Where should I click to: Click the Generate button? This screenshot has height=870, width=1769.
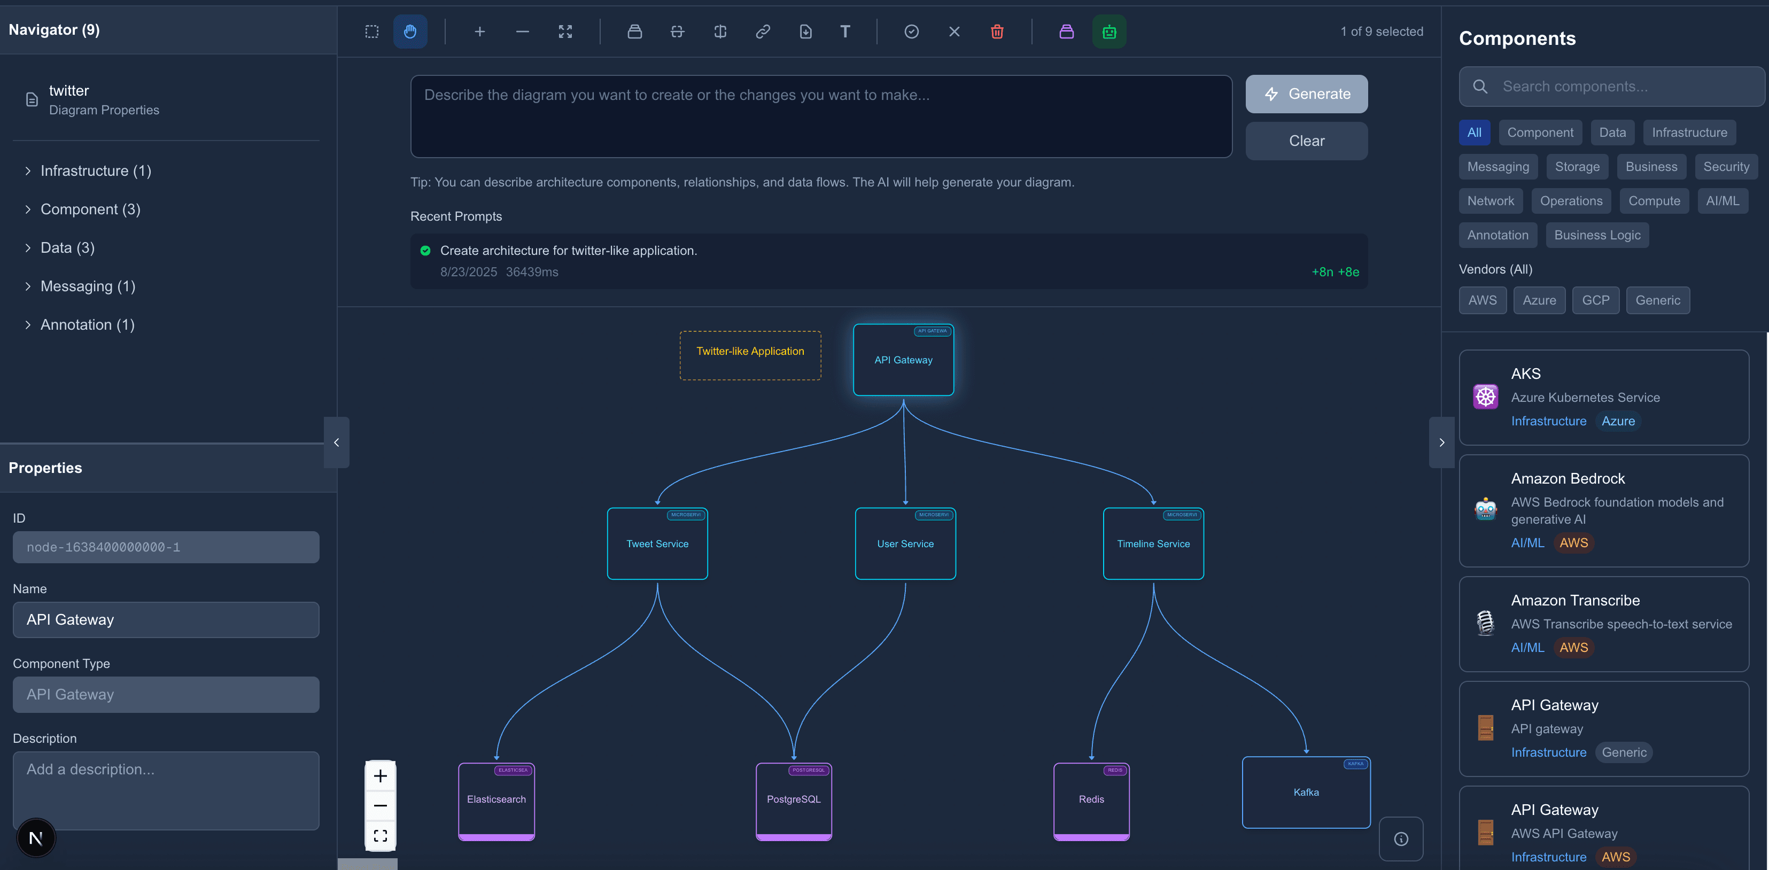tap(1306, 94)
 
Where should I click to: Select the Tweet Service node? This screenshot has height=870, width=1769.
tap(657, 544)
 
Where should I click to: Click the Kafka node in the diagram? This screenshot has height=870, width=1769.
tap(1306, 793)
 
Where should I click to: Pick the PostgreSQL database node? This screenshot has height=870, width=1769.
tap(793, 800)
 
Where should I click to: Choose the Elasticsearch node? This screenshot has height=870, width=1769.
tap(496, 800)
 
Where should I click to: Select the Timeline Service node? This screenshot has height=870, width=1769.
tap(1153, 544)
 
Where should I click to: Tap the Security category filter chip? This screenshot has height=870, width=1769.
tap(1726, 167)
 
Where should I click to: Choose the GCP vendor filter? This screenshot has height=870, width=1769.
tap(1595, 300)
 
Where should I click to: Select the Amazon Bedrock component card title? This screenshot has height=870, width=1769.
tap(1568, 479)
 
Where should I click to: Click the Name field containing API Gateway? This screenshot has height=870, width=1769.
tap(166, 619)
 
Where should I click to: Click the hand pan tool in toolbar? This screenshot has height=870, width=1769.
tap(410, 32)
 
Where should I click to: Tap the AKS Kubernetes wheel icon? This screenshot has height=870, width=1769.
tap(1485, 397)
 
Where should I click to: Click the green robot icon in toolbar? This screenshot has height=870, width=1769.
tap(1109, 32)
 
